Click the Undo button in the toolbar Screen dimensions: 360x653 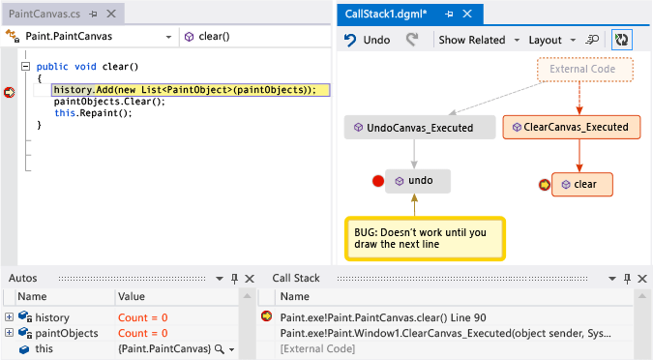coord(368,41)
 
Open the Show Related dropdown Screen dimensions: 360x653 coord(477,41)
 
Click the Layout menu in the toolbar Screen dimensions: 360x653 coord(550,41)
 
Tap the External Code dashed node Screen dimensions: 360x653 coord(584,70)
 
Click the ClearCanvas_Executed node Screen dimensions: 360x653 coord(572,127)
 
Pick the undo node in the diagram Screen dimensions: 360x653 coord(417,180)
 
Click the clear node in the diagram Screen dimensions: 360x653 coord(583,183)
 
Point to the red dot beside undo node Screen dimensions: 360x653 coord(378,181)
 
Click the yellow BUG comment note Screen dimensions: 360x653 coord(425,238)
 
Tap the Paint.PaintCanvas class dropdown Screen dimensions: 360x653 coord(91,36)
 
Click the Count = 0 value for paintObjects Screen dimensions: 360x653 coord(142,333)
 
